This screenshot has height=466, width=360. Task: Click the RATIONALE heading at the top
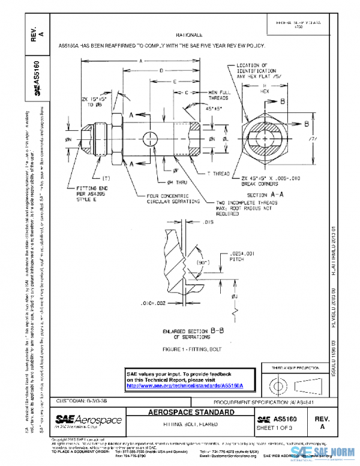click(x=189, y=36)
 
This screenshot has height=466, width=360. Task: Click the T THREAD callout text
click(x=218, y=174)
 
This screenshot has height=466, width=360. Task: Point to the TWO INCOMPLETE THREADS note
click(x=241, y=208)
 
